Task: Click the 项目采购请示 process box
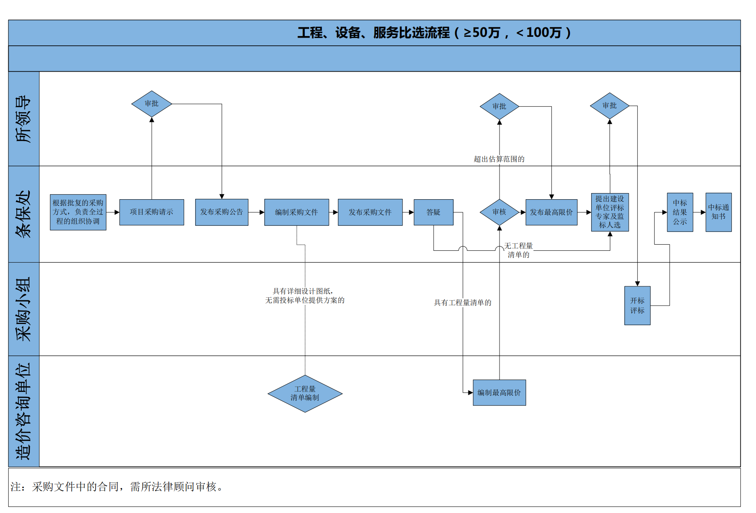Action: coord(151,212)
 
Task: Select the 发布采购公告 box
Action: coord(221,212)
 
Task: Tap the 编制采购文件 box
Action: coord(296,212)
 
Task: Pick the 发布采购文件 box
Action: coord(370,212)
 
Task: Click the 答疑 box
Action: coord(433,212)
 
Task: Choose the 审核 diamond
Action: coord(499,212)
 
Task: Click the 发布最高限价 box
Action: coord(551,212)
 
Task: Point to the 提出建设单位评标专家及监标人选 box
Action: coord(610,212)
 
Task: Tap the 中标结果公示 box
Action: coord(679,212)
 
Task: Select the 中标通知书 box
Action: coord(718,212)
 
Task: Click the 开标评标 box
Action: coord(637,305)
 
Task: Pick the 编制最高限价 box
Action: coord(499,392)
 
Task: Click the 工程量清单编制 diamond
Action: coord(305,393)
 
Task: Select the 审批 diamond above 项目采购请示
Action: coord(151,103)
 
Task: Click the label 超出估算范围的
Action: coord(499,159)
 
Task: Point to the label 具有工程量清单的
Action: coord(462,302)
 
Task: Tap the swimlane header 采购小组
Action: coord(24,309)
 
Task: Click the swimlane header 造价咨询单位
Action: coord(24,411)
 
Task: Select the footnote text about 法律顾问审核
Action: coord(117,486)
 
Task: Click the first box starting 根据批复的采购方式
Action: coord(78,212)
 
